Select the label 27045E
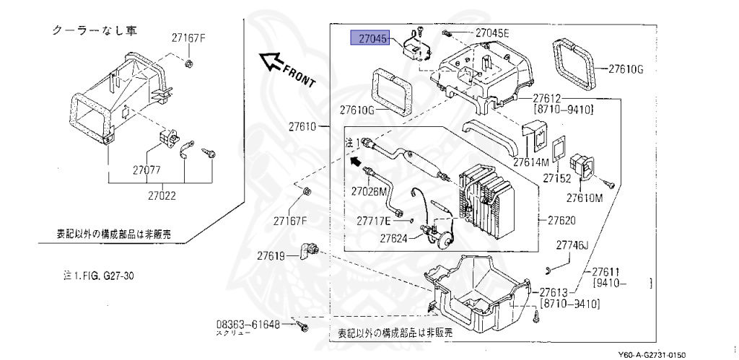[x=492, y=33]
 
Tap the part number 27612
[x=549, y=98]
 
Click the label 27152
[x=557, y=177]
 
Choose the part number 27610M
[x=584, y=198]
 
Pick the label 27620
[x=561, y=219]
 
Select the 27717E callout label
[x=374, y=220]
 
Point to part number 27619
[x=273, y=255]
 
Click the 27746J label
[x=572, y=245]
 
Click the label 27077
[x=146, y=171]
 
